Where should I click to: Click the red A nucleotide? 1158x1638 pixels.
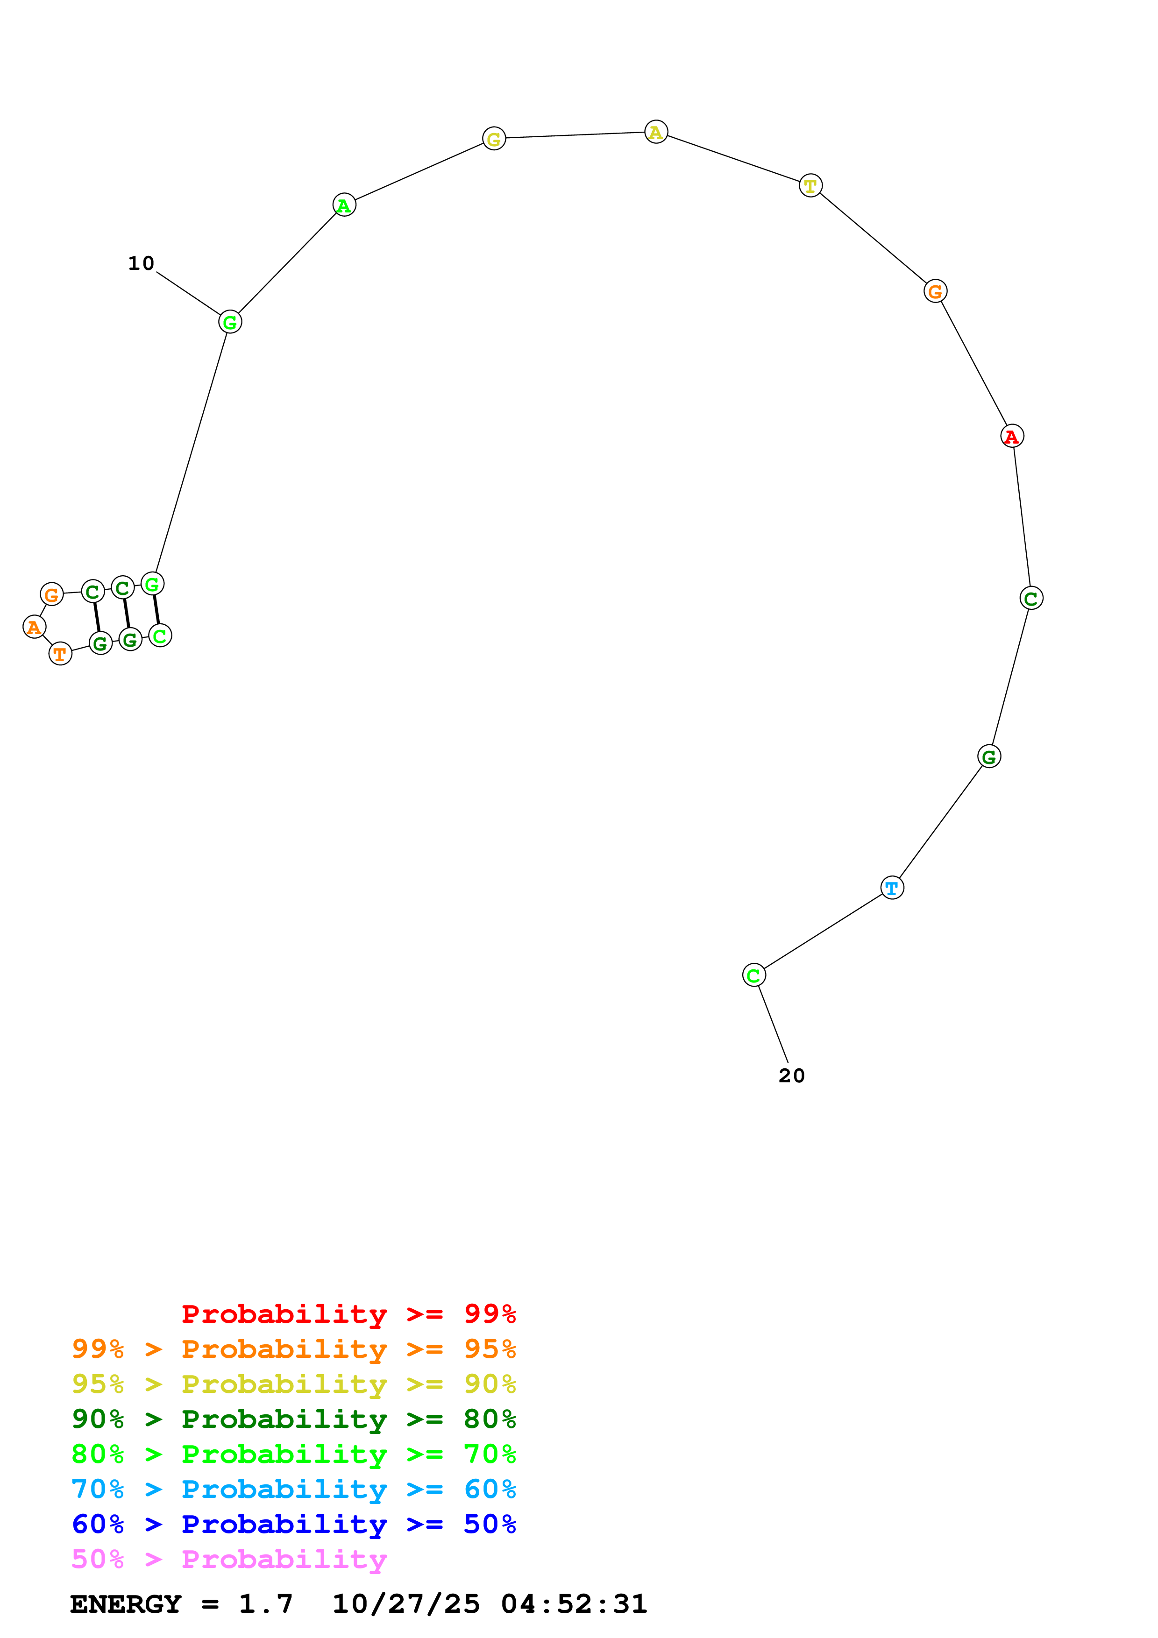pyautogui.click(x=1012, y=436)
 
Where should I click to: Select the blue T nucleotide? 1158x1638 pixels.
pyautogui.click(x=892, y=888)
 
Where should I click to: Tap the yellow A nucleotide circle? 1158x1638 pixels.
pyautogui.click(x=656, y=132)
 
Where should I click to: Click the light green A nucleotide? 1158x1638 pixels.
pyautogui.click(x=344, y=205)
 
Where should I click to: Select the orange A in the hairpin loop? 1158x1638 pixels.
pyautogui.click(x=34, y=627)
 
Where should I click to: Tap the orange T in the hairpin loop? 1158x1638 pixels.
pyautogui.click(x=61, y=654)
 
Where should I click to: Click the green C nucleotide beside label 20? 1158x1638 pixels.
pyautogui.click(x=753, y=975)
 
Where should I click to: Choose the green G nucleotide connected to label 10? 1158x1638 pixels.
pyautogui.click(x=230, y=323)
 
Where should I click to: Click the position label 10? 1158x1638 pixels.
pyautogui.click(x=141, y=264)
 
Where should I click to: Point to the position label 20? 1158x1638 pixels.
pyautogui.click(x=791, y=1076)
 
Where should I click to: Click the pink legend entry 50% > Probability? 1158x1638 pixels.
pyautogui.click(x=229, y=1560)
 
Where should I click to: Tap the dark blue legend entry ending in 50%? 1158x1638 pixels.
pyautogui.click(x=293, y=1525)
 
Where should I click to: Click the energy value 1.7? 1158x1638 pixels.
pyautogui.click(x=265, y=1604)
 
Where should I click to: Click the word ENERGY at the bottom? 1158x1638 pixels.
pyautogui.click(x=126, y=1604)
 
